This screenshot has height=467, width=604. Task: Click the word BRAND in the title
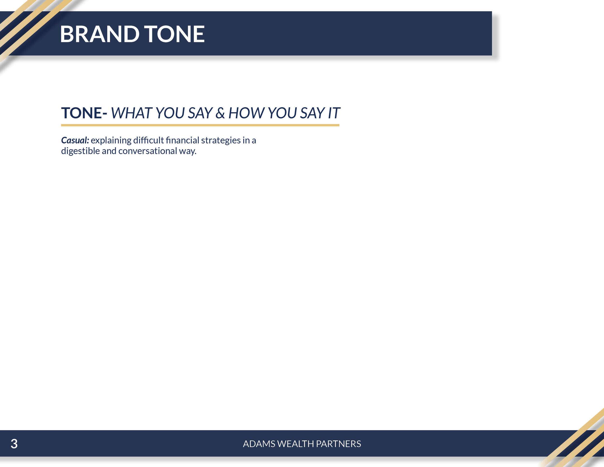point(100,34)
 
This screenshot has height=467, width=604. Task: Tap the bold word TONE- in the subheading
point(84,113)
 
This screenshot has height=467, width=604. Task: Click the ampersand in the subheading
point(220,113)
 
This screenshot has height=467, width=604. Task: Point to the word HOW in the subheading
point(246,113)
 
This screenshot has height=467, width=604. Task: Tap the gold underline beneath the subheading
point(200,125)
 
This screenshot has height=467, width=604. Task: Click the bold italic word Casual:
point(75,140)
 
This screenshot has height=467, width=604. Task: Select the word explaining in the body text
point(111,140)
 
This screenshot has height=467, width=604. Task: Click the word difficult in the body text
point(149,140)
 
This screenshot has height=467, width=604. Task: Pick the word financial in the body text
point(182,140)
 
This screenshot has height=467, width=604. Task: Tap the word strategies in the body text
point(221,140)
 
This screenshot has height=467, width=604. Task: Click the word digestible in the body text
point(80,151)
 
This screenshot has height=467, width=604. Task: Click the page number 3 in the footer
point(14,444)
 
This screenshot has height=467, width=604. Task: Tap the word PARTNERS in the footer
point(338,444)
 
